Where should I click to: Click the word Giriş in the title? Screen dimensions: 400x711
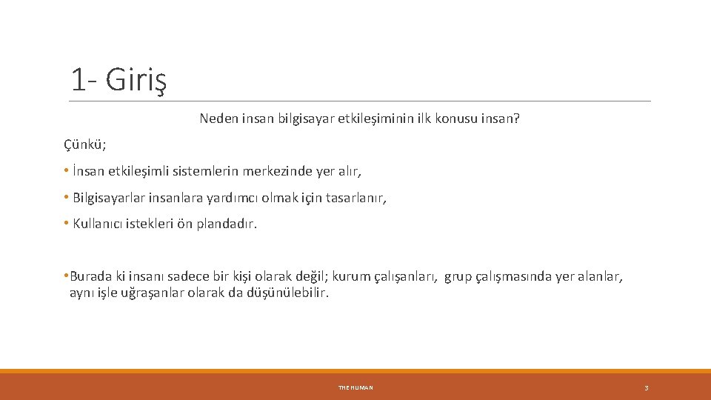(x=136, y=79)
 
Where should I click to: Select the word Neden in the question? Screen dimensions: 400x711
(x=218, y=118)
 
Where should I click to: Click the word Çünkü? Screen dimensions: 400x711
(x=84, y=144)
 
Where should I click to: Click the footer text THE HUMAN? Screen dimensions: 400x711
(x=355, y=387)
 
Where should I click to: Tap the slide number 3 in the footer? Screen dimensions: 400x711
(x=646, y=387)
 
